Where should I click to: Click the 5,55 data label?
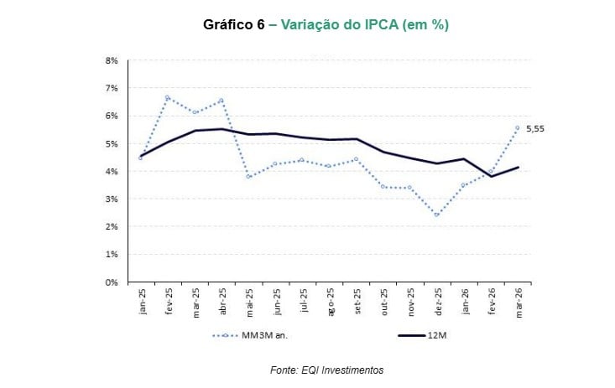click(x=535, y=129)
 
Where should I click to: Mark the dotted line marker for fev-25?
click(x=167, y=97)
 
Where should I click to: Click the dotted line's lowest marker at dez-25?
click(x=436, y=215)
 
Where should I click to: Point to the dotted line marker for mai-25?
click(x=248, y=176)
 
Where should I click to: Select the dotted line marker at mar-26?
click(x=517, y=128)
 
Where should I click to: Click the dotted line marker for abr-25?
click(x=222, y=101)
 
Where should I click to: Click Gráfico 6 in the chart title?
click(x=235, y=25)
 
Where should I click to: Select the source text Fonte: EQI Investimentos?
click(x=327, y=370)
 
